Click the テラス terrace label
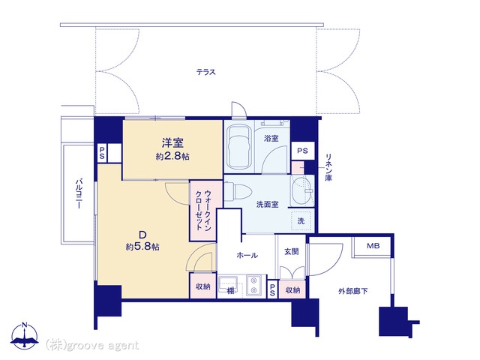click(206, 72)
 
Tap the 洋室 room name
click(172, 143)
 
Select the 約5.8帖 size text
click(142, 247)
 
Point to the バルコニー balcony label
click(79, 193)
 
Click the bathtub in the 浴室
click(239, 147)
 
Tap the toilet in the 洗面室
click(238, 191)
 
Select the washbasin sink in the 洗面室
click(301, 190)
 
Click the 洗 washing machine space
click(301, 220)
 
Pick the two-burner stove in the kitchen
click(253, 285)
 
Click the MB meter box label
click(373, 246)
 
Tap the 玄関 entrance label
click(292, 252)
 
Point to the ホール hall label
click(247, 255)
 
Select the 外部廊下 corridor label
click(353, 291)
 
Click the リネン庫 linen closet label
click(328, 167)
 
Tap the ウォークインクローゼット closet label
click(203, 210)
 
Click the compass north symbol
click(25, 336)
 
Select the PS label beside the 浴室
click(302, 151)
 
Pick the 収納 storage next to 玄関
click(292, 289)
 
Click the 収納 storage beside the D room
click(203, 286)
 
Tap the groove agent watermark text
click(92, 346)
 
